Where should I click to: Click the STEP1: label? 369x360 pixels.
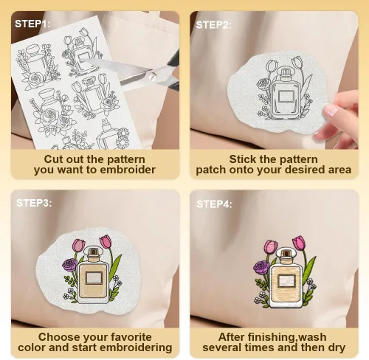(x=32, y=24)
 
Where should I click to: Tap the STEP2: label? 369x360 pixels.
(x=213, y=25)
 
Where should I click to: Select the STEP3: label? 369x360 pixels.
(x=34, y=203)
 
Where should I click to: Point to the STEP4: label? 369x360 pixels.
(x=214, y=204)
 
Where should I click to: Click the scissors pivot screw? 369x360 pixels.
(x=152, y=76)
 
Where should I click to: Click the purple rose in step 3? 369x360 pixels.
(x=69, y=265)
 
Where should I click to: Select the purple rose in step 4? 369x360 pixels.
(x=261, y=267)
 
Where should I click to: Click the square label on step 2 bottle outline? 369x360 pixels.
(x=286, y=97)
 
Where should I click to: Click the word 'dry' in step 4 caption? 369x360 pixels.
(x=337, y=347)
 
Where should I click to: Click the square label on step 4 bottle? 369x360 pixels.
(x=286, y=280)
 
